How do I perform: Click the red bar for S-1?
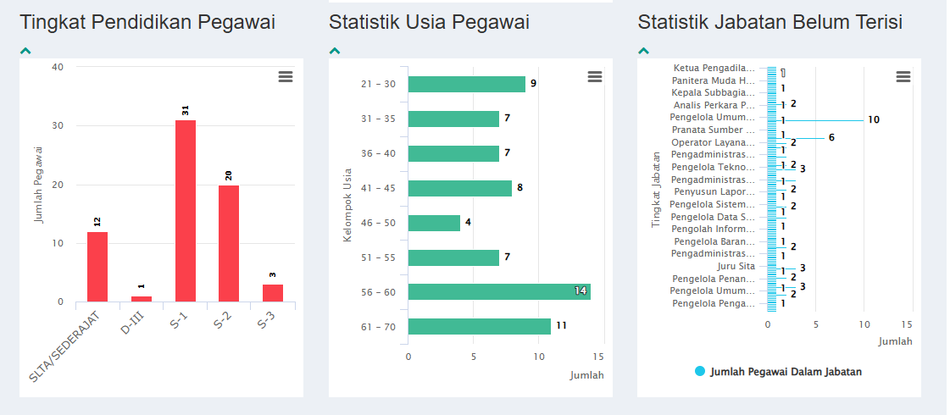[x=185, y=211]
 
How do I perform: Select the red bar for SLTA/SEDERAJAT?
[x=97, y=267]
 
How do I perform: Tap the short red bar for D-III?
[x=142, y=299]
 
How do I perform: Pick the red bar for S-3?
[x=272, y=293]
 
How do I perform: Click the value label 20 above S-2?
[x=229, y=175]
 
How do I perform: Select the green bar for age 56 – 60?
[x=498, y=291]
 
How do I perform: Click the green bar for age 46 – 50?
[x=434, y=223]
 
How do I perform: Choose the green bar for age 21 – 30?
[x=466, y=84]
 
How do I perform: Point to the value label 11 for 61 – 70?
[x=561, y=325]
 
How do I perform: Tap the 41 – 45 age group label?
[x=378, y=188]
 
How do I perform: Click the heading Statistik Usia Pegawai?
[x=429, y=23]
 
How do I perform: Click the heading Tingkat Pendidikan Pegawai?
[x=147, y=23]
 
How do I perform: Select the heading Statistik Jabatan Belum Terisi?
[x=769, y=23]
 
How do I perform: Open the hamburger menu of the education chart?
[x=286, y=77]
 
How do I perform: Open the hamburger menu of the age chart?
[x=595, y=77]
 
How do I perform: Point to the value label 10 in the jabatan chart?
[x=873, y=120]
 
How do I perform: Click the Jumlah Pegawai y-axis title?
[x=39, y=185]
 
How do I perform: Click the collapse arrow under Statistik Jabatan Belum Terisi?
[x=643, y=51]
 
